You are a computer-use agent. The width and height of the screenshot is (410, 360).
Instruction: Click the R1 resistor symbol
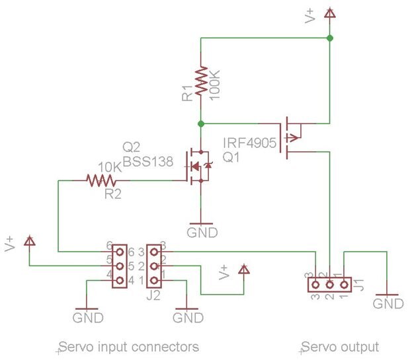201,81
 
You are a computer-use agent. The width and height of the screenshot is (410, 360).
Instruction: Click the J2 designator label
153,295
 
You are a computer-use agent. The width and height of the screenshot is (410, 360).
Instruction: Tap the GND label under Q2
200,233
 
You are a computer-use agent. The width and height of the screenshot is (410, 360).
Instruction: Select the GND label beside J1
388,303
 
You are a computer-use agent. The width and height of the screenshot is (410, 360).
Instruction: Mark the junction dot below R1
201,124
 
